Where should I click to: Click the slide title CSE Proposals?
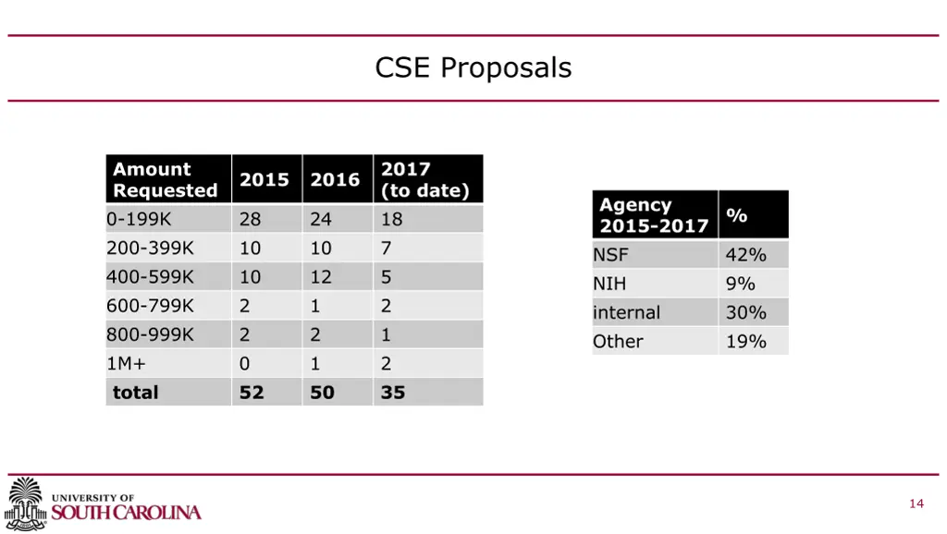tap(473, 67)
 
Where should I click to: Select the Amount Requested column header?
tap(166, 179)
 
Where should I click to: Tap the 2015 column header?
tap(264, 179)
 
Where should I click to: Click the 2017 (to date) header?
tap(425, 179)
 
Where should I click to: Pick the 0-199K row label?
tap(140, 219)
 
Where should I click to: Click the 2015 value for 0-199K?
tap(251, 219)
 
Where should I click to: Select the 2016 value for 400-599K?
tap(321, 276)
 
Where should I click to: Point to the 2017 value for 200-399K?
tap(387, 248)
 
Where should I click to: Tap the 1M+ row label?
tap(127, 363)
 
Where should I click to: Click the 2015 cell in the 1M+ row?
tap(244, 363)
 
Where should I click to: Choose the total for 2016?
tap(322, 392)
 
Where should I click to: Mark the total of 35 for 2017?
tap(393, 392)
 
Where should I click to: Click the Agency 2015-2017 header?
tap(654, 215)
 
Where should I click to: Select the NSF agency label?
tap(610, 255)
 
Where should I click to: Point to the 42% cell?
tap(745, 255)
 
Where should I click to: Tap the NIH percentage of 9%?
tap(740, 284)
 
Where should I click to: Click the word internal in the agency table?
tap(627, 312)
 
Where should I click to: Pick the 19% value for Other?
tap(745, 341)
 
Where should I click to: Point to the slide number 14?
tap(916, 504)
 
